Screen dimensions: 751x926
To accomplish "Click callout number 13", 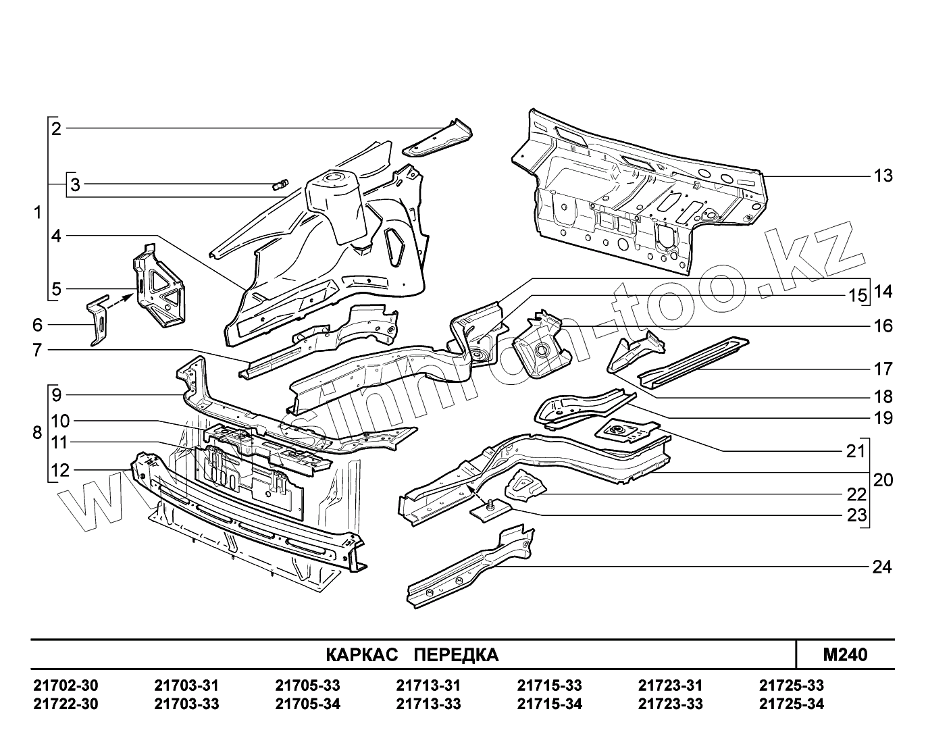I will point(883,176).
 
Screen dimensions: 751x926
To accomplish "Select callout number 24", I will point(882,567).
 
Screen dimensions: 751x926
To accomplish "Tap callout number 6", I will point(37,325).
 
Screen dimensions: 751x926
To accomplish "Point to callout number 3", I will point(75,184).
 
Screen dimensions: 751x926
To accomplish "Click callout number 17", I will point(883,369).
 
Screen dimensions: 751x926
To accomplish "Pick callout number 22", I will point(856,495).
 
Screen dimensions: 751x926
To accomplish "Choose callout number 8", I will point(37,432).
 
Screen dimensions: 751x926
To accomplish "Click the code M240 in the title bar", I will point(845,654).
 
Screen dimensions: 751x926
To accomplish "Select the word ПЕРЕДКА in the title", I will point(456,655).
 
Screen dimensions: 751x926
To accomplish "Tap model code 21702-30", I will point(66,685).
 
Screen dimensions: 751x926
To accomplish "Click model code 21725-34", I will point(792,704).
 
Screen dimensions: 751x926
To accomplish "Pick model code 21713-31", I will point(428,685).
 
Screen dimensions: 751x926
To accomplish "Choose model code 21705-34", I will point(307,704).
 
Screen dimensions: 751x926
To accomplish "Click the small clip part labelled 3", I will point(280,184).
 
